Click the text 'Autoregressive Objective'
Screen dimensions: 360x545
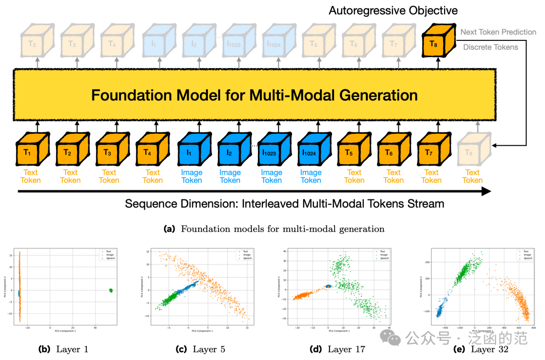click(x=393, y=10)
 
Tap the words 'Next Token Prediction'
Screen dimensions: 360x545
click(x=498, y=32)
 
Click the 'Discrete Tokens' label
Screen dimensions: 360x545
click(x=490, y=47)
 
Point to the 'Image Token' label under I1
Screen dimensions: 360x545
click(x=192, y=176)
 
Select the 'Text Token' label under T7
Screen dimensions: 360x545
click(x=432, y=176)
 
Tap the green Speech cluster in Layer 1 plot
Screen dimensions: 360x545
click(x=111, y=290)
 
